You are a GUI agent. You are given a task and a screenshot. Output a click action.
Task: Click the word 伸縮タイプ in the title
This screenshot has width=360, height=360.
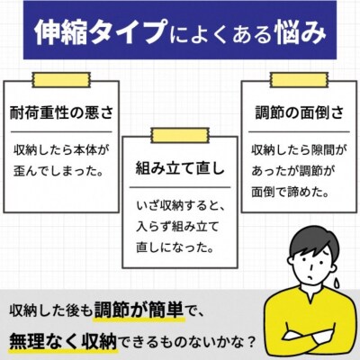[x=100, y=32]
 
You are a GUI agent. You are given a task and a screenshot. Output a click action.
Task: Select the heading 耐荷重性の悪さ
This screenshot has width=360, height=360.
[x=61, y=113]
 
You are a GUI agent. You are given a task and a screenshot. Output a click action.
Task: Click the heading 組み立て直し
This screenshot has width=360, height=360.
[x=180, y=168]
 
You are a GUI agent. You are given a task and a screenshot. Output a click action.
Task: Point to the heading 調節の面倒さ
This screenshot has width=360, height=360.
[x=300, y=113]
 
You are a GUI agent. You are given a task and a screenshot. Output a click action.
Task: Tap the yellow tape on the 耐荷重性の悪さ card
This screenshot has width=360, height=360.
[x=61, y=80]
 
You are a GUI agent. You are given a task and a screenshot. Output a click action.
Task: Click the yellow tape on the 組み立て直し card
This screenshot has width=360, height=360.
[x=180, y=135]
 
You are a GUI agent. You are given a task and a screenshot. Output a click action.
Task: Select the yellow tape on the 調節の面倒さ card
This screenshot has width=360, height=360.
[x=299, y=80]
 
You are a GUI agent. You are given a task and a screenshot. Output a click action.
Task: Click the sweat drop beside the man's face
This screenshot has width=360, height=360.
[x=337, y=283]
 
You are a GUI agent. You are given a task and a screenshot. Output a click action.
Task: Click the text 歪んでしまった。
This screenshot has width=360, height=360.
[x=57, y=171]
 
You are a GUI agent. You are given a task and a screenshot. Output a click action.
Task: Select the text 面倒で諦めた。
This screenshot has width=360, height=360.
[x=289, y=192]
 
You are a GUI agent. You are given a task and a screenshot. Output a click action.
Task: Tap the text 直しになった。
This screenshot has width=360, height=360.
[x=175, y=247]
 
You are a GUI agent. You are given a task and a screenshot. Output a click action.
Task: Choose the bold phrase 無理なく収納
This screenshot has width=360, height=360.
[x=63, y=340]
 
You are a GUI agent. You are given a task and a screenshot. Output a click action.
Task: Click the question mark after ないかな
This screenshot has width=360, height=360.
[x=251, y=341]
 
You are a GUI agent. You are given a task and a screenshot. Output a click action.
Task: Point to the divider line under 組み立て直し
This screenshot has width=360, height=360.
[x=180, y=188]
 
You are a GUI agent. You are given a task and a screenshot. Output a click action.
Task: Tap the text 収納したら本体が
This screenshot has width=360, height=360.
[x=60, y=150]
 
